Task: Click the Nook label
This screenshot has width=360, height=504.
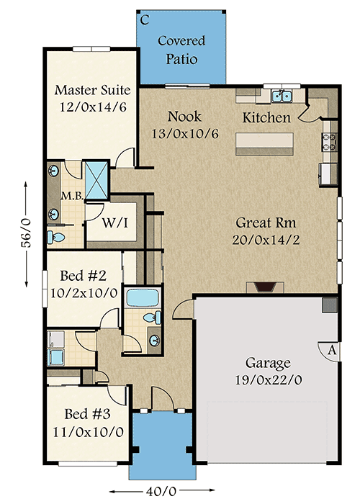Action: coord(185,116)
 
